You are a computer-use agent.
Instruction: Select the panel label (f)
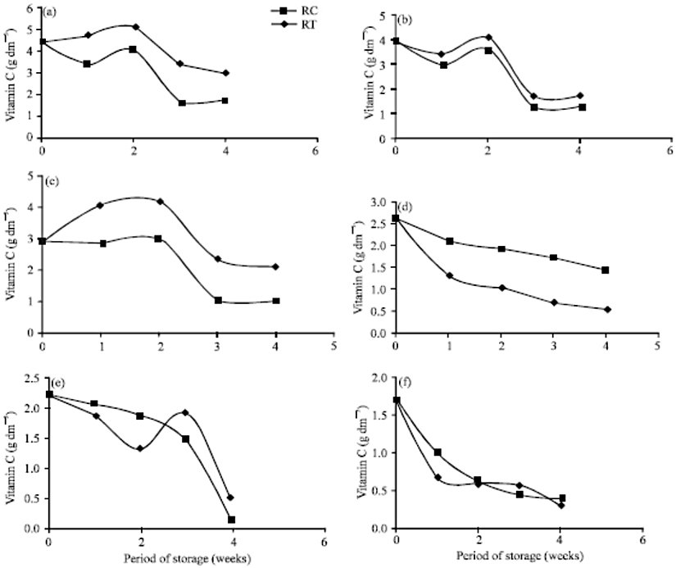[x=407, y=380]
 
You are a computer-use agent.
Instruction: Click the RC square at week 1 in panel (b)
[x=443, y=65]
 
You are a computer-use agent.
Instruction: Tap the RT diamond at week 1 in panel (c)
[x=100, y=205]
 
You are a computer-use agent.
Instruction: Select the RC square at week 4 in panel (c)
[x=277, y=301]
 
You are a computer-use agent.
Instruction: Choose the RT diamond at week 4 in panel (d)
[x=607, y=310]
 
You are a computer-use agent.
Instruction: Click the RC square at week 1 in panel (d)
[x=449, y=241]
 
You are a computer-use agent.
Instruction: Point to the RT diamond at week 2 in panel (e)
[x=140, y=448]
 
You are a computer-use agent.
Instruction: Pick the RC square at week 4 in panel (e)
[x=232, y=520]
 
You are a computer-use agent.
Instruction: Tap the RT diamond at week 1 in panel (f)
[x=438, y=477]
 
